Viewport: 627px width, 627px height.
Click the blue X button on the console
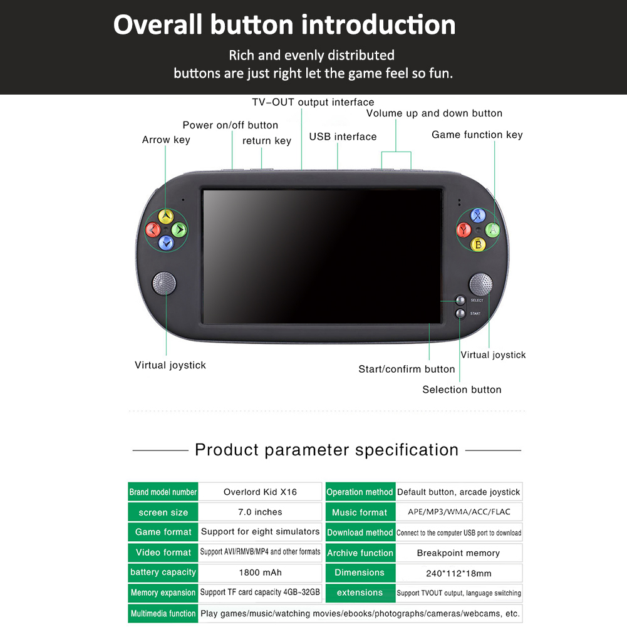(479, 215)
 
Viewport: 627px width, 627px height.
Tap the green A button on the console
(493, 230)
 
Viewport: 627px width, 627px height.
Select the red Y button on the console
(464, 230)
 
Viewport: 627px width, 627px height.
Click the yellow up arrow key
(165, 216)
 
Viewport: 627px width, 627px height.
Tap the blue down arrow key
(165, 243)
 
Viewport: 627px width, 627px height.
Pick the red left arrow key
(152, 230)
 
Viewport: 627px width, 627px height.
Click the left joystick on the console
(164, 284)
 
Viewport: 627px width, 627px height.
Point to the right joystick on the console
(480, 284)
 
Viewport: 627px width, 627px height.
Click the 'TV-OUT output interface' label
(313, 102)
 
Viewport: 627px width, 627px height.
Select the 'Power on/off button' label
(230, 125)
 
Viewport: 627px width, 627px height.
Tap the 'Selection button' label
(462, 390)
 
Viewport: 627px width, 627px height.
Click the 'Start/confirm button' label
(407, 369)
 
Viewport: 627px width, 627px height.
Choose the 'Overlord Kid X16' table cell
(260, 492)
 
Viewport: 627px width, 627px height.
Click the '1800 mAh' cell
(260, 572)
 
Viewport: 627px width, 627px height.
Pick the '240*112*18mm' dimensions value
(458, 573)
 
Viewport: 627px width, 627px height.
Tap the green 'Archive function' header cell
(360, 552)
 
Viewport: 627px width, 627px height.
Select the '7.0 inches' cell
(260, 512)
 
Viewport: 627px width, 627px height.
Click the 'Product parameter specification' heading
(326, 450)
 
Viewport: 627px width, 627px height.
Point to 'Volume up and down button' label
(434, 113)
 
